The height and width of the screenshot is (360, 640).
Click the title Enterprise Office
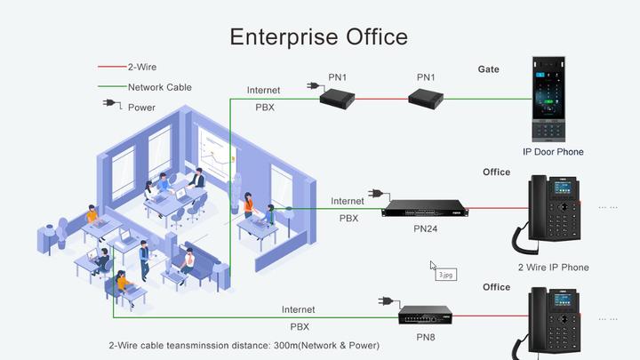point(319,36)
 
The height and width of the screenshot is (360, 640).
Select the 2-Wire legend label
point(142,67)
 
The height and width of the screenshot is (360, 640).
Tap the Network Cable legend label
point(159,87)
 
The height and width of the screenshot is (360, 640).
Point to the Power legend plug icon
point(111,105)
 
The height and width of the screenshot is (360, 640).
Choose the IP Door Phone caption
point(553,152)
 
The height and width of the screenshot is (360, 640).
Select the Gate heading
point(488,69)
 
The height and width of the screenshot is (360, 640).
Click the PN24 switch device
point(424,209)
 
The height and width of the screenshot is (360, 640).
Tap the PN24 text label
point(426,228)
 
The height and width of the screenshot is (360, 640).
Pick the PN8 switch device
point(425,313)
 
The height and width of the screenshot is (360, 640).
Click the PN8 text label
point(426,336)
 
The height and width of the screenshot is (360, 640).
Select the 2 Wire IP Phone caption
point(553,267)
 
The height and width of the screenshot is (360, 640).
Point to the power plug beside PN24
point(376,195)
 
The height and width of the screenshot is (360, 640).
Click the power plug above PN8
point(385,301)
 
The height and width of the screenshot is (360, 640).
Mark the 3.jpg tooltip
point(446,275)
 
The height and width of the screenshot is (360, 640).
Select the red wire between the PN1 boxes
point(382,99)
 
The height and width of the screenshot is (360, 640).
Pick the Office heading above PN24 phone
point(496,172)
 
